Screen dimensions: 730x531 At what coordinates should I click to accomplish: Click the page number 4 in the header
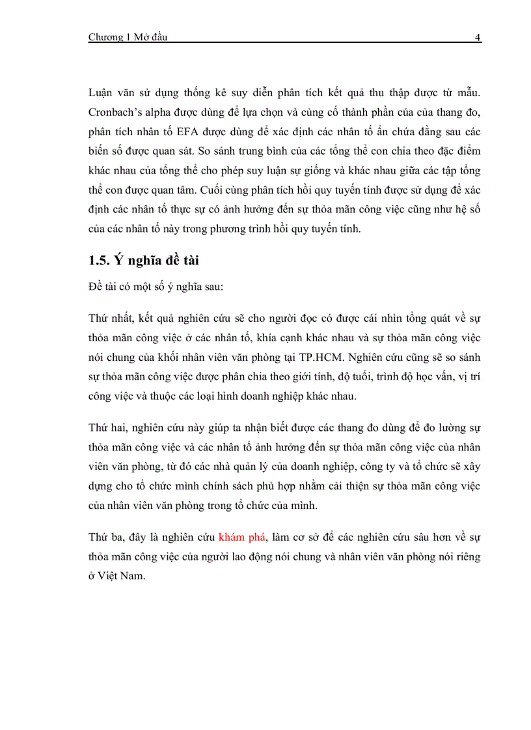click(x=478, y=37)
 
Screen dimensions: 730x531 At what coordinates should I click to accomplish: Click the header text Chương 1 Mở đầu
click(x=128, y=37)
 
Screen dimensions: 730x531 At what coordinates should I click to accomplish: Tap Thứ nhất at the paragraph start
click(x=107, y=317)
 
